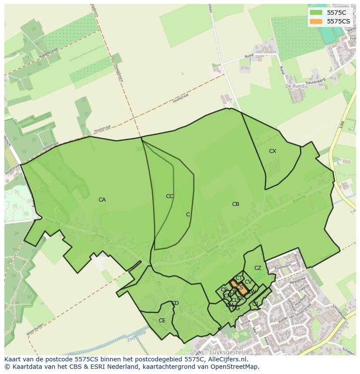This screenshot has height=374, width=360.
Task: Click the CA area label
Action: click(102, 200)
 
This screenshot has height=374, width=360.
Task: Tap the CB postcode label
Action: click(236, 204)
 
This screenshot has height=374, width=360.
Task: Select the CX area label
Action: click(273, 151)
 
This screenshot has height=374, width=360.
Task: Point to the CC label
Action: click(170, 196)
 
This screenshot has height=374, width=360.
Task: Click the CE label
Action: click(162, 321)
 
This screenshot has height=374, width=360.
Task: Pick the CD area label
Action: click(175, 303)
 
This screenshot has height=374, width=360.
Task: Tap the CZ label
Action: click(258, 268)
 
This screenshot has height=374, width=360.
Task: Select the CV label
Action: click(248, 282)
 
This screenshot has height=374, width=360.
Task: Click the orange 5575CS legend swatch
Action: click(316, 21)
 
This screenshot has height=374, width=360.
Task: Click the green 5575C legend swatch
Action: click(316, 13)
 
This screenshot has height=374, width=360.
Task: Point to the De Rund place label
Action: click(294, 86)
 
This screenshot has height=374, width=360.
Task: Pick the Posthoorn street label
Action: click(283, 265)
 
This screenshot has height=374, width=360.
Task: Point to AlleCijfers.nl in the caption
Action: click(226, 359)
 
